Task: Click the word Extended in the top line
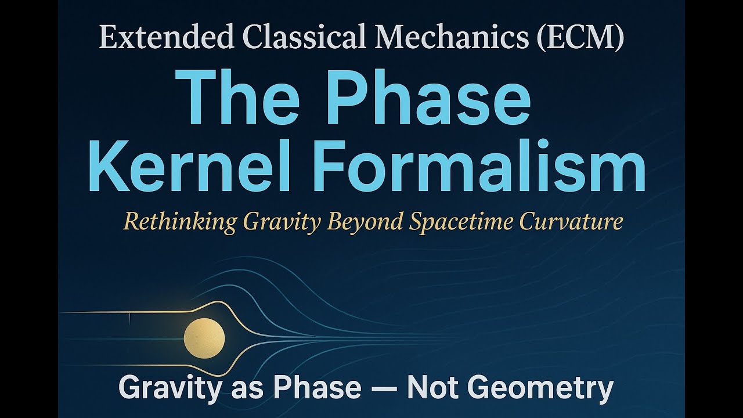[x=165, y=38]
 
